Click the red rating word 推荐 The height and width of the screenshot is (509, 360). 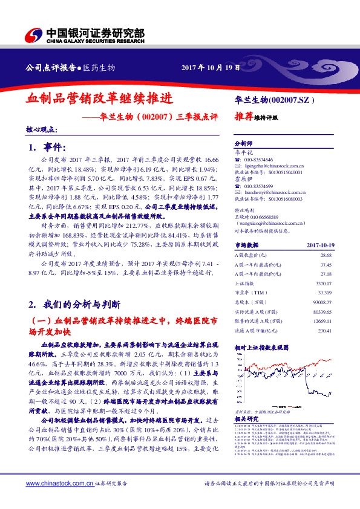tap(243, 118)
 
